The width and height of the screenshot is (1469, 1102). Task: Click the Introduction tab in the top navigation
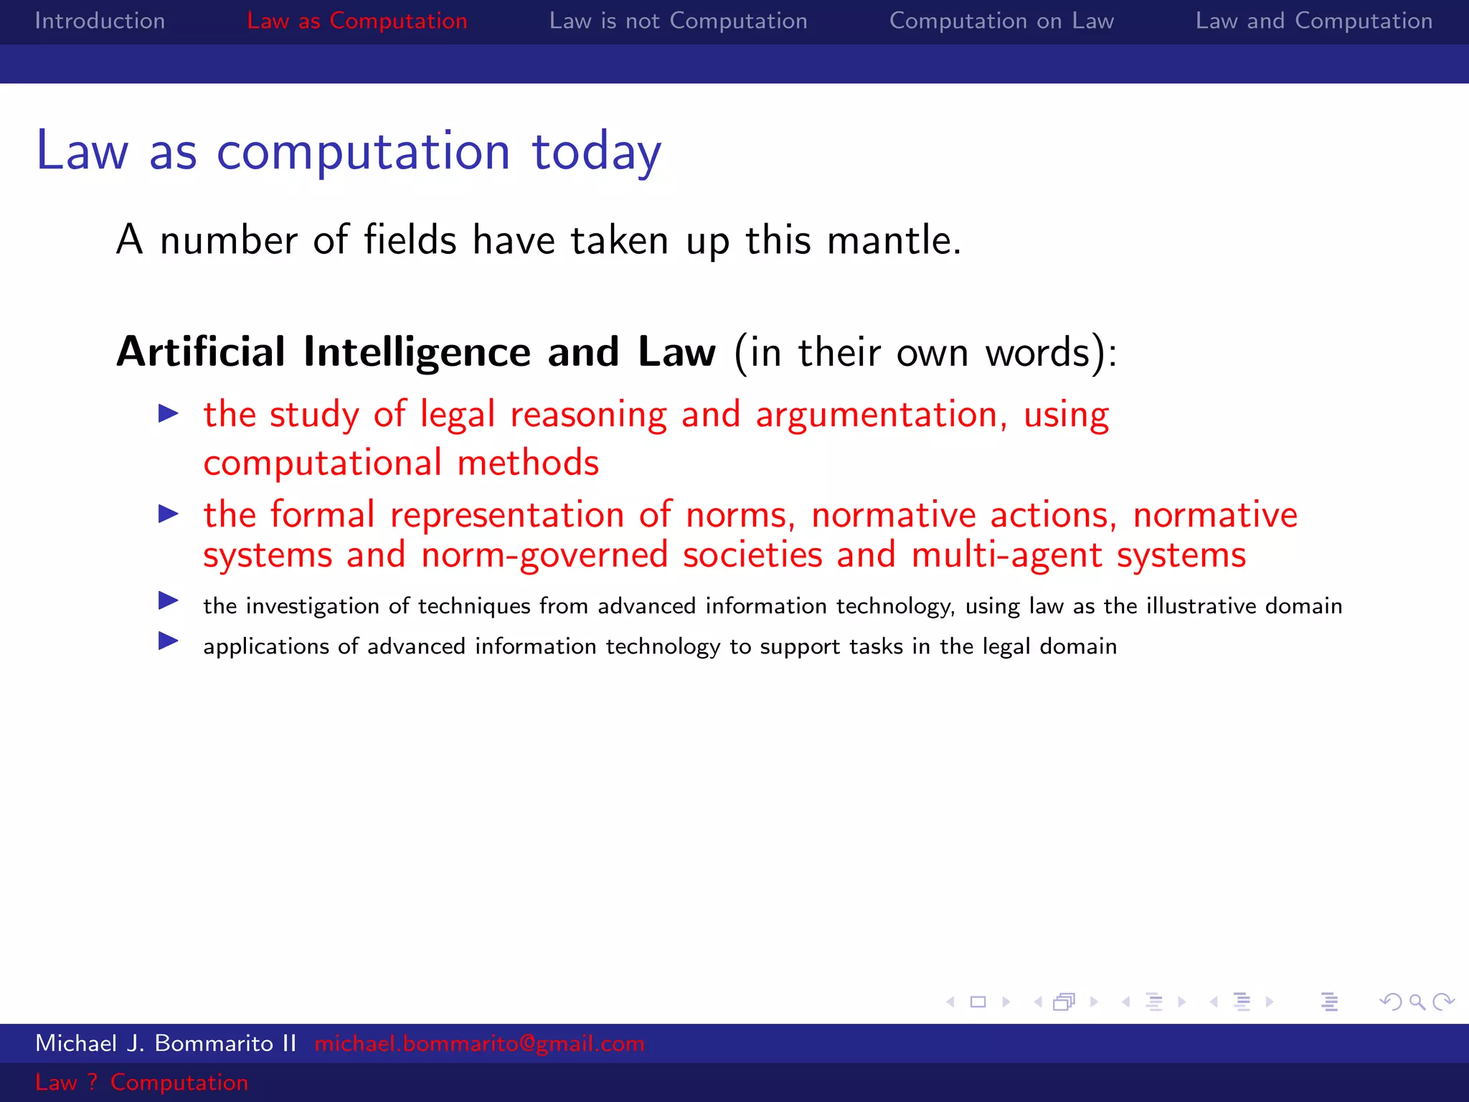coord(100,21)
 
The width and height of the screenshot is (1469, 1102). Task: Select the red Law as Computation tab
coord(356,21)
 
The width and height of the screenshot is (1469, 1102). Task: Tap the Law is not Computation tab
coord(678,21)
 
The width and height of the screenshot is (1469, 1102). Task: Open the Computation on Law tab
coord(1001,21)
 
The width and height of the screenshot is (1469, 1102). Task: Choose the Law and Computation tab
coord(1313,21)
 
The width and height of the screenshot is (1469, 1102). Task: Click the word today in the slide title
coord(596,152)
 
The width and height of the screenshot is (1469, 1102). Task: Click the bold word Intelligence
coord(417,352)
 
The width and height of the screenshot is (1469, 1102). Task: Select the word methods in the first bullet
coord(527,463)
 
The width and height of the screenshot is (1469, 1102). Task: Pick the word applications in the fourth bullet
coord(266,647)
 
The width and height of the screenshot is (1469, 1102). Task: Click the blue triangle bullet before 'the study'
coord(169,413)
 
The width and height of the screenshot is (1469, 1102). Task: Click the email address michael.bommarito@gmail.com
coord(479,1043)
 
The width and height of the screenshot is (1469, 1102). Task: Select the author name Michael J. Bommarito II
coord(166,1043)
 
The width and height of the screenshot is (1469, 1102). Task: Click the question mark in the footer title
coord(93,1082)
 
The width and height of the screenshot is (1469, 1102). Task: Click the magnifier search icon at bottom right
coord(1417,1002)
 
